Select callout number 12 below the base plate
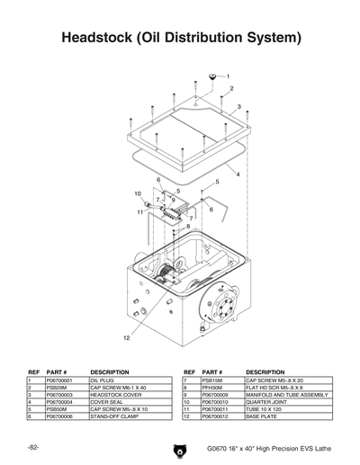pos(127,339)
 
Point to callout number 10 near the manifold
pos(139,193)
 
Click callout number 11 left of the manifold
pos(141,212)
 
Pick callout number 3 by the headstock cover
pos(238,107)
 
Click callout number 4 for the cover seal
pos(238,174)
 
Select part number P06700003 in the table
pos(58,395)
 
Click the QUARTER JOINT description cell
pos(267,402)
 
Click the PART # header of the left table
pos(57,371)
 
